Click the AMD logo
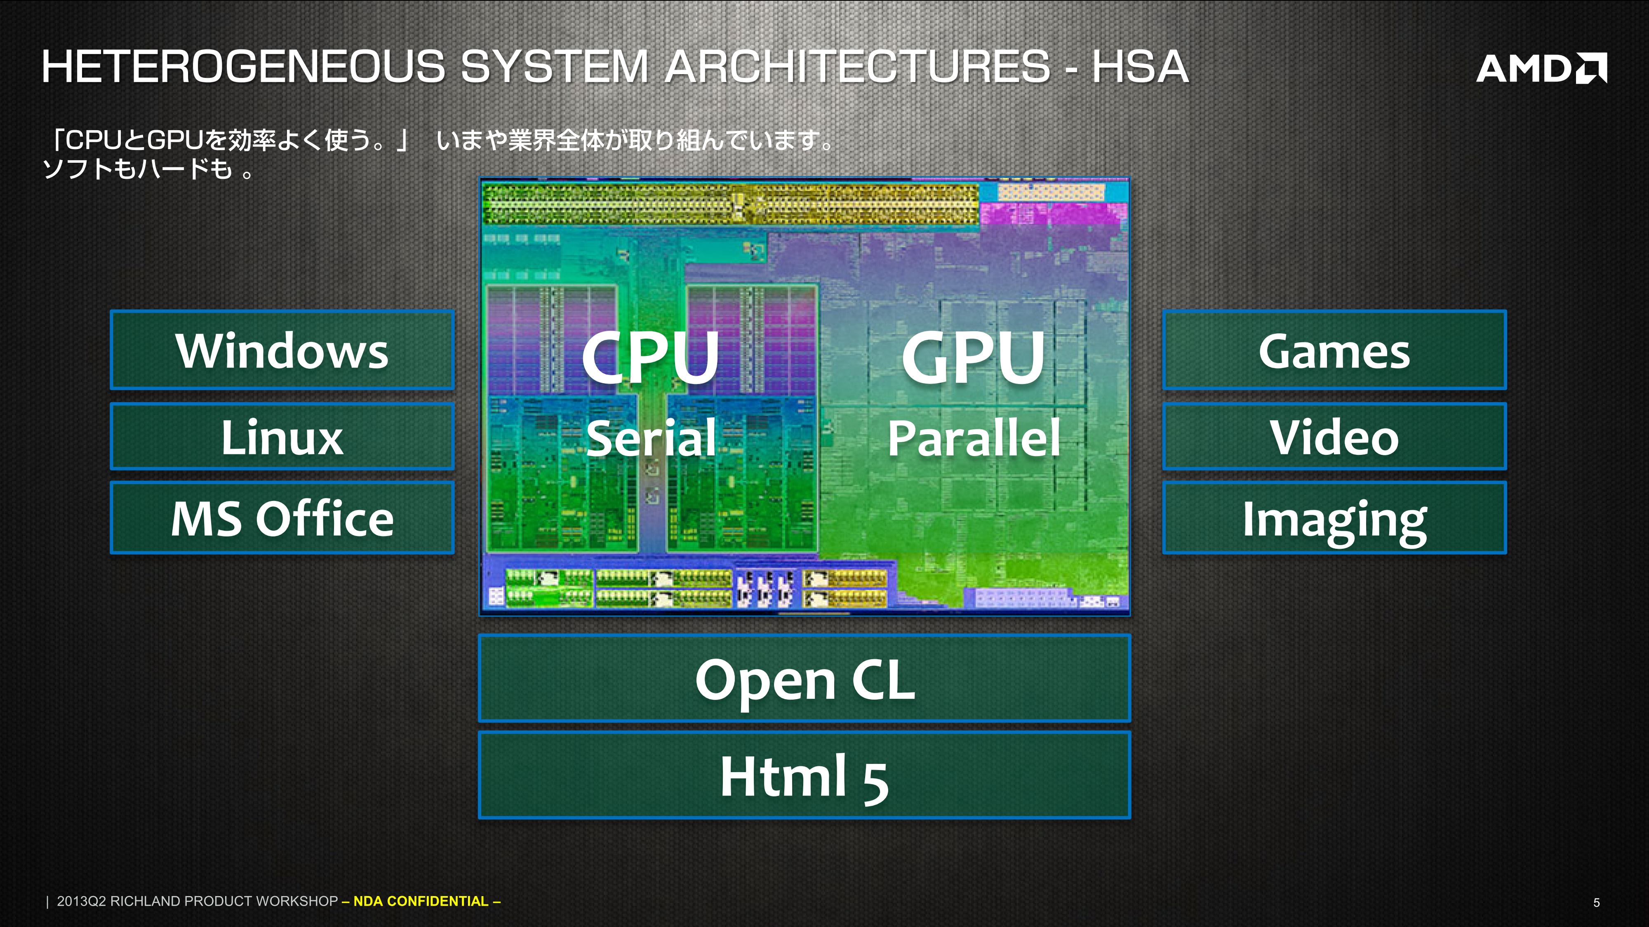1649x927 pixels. pos(1541,68)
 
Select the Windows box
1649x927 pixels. pos(282,350)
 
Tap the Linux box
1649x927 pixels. pos(282,436)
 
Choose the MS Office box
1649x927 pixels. pos(282,517)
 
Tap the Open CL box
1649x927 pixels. pos(804,678)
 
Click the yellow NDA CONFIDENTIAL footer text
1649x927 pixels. pos(421,901)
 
